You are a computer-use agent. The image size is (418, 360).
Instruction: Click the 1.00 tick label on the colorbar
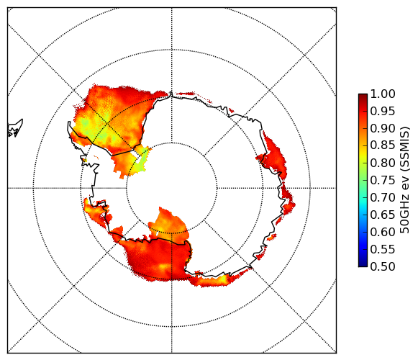383,94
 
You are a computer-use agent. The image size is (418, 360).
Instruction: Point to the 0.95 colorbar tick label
383,112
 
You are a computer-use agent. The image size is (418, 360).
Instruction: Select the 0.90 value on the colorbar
383,129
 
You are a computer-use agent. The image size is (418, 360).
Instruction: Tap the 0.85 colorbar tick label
383,145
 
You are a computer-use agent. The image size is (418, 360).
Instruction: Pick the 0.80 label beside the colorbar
383,163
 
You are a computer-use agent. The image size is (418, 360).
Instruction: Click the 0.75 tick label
383,181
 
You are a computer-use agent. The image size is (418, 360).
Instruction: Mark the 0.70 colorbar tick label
383,198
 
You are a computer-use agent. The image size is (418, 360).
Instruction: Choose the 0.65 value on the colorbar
383,215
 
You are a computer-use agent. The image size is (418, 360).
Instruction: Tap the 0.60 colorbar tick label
383,232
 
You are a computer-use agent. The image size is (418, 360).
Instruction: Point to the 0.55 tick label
383,250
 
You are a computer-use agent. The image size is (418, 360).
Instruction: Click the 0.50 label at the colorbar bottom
383,266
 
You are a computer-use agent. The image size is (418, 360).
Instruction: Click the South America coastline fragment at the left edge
15,128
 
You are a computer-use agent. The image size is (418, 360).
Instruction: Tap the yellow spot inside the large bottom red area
163,266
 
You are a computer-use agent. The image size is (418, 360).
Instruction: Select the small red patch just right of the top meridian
186,94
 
